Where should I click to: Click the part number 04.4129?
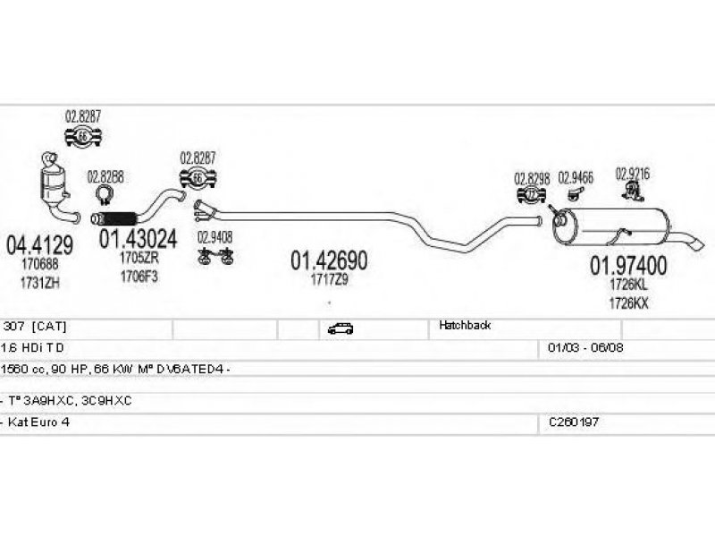(39, 243)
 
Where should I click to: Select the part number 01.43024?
(138, 239)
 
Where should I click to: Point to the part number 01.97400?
(627, 266)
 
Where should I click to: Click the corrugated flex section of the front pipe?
(117, 218)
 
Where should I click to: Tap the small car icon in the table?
(340, 328)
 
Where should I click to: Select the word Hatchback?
(465, 327)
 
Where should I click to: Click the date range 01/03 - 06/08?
(586, 346)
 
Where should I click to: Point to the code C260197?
(573, 421)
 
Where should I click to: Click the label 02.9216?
(632, 173)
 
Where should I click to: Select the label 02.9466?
(576, 177)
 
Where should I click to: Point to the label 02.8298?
(531, 177)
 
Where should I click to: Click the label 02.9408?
(214, 237)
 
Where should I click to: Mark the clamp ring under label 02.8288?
(105, 196)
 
